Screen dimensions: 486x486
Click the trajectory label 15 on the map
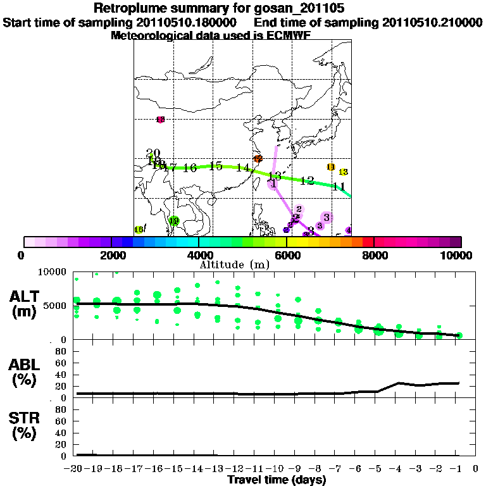pos(215,166)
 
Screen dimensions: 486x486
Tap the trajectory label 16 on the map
pos(190,168)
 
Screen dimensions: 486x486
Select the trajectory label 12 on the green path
pos(307,181)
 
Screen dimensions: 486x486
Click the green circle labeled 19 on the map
pos(174,221)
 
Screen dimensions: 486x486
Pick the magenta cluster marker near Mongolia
pos(160,120)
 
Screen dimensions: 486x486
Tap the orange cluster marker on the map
pos(258,159)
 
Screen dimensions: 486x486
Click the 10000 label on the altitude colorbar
pos(457,255)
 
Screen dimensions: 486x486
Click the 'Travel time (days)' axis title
pos(277,480)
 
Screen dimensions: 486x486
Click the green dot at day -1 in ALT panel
pos(459,335)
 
